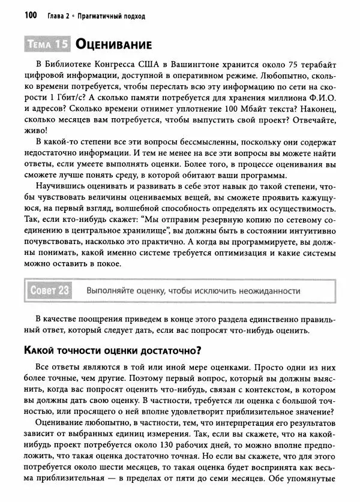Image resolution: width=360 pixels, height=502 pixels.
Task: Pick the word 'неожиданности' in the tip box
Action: tap(268, 291)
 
